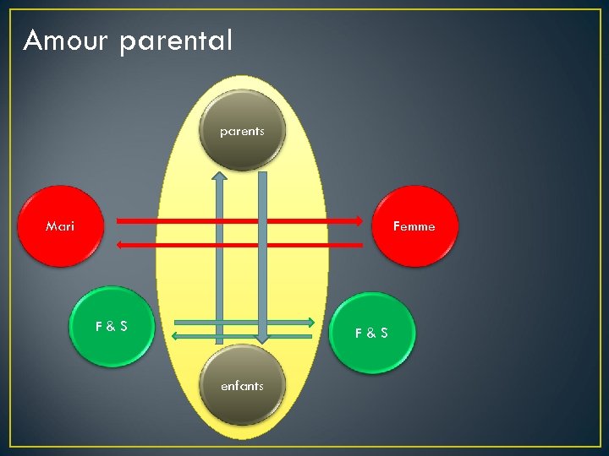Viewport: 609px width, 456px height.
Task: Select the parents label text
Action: point(242,131)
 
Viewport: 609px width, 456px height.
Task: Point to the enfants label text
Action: point(242,386)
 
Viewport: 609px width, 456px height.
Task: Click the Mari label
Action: point(60,225)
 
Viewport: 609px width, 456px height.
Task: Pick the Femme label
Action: point(414,226)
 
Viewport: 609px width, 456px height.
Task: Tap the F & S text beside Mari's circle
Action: point(112,326)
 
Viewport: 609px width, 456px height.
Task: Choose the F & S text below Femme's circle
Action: point(371,333)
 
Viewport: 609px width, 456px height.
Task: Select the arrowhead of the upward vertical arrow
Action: point(219,175)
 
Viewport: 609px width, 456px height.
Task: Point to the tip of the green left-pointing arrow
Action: point(173,336)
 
